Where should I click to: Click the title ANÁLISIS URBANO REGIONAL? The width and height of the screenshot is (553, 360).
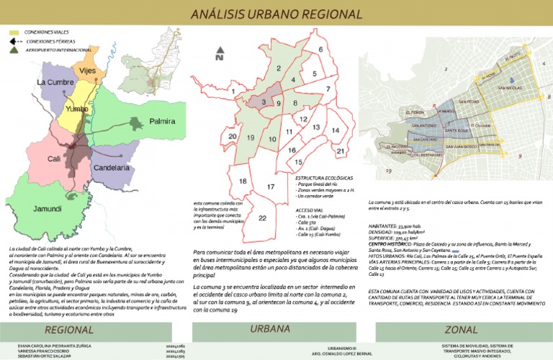pyautogui.click(x=276, y=14)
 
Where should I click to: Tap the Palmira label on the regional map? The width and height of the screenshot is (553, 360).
pyautogui.click(x=162, y=122)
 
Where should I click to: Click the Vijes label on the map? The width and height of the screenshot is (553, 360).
pyautogui.click(x=86, y=71)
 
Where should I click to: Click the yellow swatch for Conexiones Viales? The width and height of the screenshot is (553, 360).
pyautogui.click(x=14, y=33)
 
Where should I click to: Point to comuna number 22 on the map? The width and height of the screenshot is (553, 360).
pyautogui.click(x=262, y=218)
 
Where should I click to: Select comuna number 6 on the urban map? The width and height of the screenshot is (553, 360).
pyautogui.click(x=320, y=49)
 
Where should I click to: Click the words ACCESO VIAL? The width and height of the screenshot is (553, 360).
pyautogui.click(x=309, y=212)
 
